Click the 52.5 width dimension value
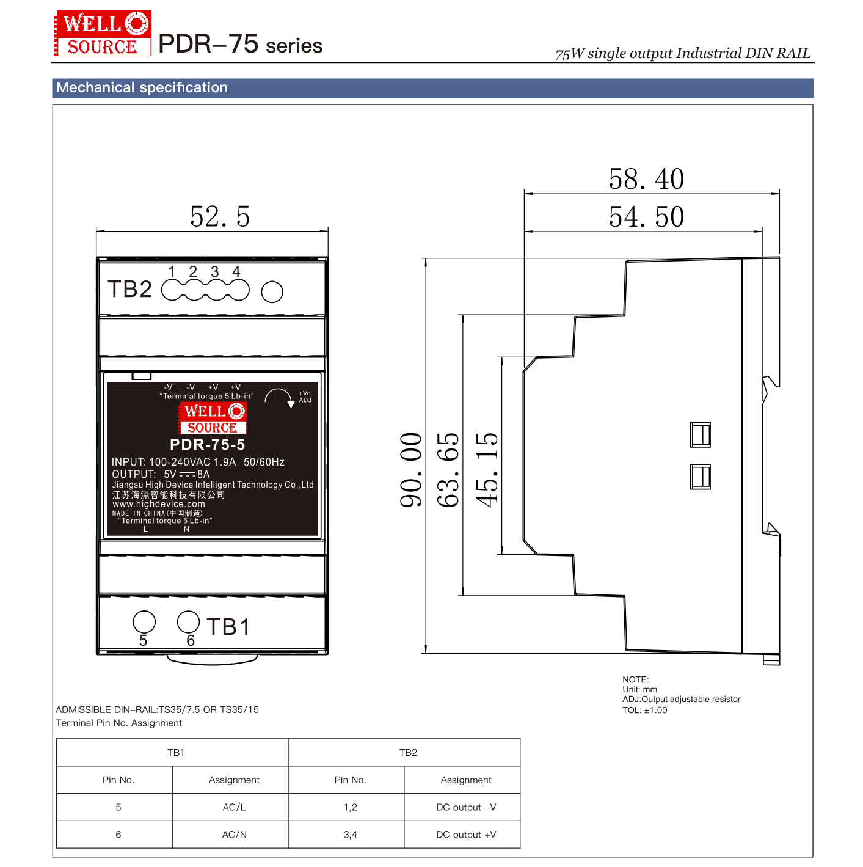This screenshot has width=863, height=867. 220,217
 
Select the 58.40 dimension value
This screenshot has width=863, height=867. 646,179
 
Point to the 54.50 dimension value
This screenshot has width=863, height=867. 646,217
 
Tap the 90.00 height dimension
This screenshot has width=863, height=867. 411,469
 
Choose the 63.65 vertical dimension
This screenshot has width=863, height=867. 448,469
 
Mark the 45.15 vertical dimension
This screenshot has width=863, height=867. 487,469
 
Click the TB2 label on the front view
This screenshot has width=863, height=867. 129,289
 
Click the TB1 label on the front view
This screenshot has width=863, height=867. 228,627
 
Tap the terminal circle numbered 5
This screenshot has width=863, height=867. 144,622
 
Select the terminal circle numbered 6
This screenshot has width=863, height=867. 188,622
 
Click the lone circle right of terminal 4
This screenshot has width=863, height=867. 272,292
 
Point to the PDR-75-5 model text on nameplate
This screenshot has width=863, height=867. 208,445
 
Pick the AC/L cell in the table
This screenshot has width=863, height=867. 234,807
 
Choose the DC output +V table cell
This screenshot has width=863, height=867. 466,835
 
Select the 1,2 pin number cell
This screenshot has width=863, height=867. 350,807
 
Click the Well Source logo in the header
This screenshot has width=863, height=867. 103,33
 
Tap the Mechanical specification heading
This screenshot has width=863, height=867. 142,87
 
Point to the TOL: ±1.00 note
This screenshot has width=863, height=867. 644,710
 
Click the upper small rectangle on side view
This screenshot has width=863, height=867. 700,434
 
